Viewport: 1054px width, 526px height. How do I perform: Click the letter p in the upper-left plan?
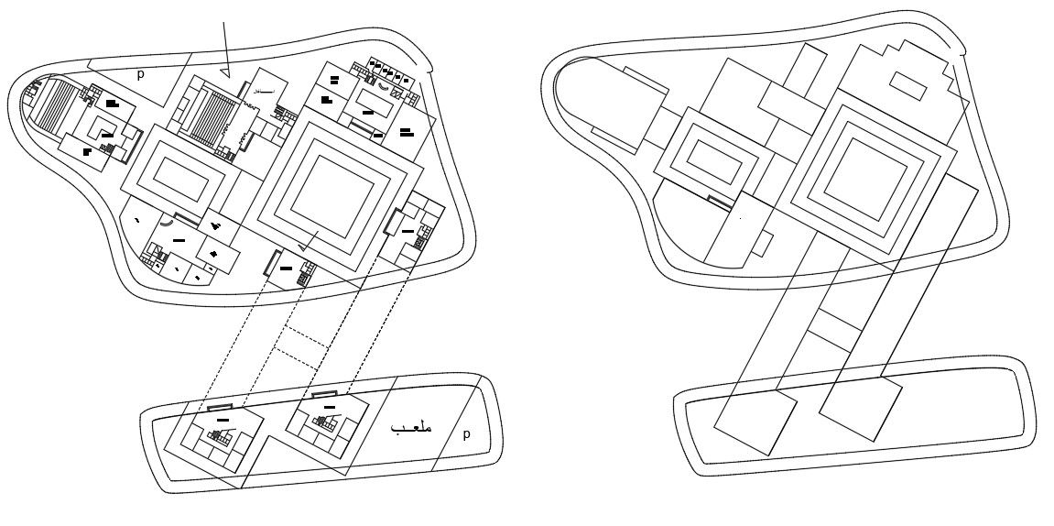pos(140,75)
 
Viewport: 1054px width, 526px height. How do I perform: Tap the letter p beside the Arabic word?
pos(466,434)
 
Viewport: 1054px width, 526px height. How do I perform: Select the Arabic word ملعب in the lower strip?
pos(411,428)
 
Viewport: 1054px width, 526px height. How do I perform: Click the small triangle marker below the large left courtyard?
pos(304,245)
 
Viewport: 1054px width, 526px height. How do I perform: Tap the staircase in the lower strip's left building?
pos(220,435)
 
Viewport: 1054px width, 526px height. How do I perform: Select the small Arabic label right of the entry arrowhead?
pos(264,93)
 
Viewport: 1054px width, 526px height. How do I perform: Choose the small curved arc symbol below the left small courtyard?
pos(167,222)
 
